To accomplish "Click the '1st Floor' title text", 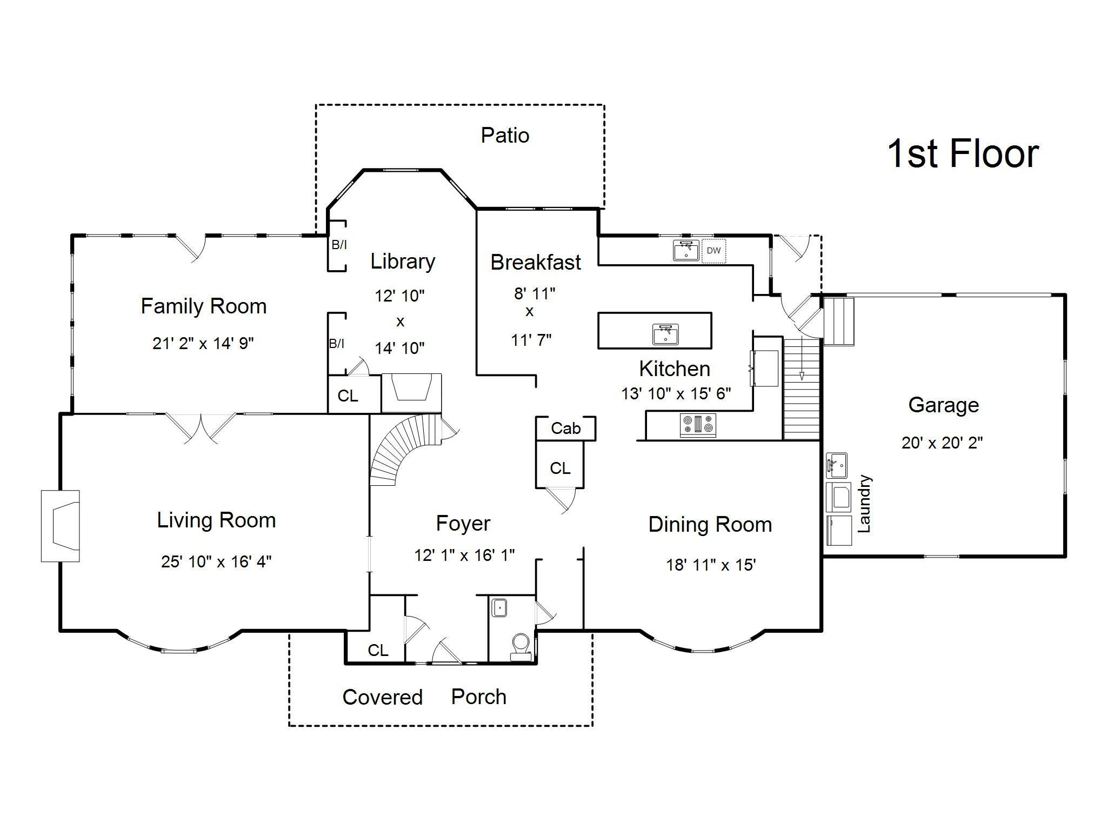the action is pos(963,154).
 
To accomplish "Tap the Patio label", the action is pos(505,135).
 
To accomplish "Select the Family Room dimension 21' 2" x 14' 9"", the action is pos(203,343).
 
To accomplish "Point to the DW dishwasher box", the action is pos(713,251).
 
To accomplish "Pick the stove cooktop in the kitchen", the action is pos(698,425).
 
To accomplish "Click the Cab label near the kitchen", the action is pos(565,429).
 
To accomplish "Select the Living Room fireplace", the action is pos(61,526).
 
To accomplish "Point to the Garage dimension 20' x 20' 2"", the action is pos(942,443).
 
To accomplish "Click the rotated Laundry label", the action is pos(864,504).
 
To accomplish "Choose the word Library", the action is pos(403,262).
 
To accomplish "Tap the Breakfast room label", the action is pos(536,263).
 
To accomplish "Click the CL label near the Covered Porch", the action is pos(378,650).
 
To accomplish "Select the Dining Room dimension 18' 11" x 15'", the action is pos(711,565).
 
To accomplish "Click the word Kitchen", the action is pos(675,369).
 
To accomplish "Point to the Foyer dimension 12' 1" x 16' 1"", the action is pos(464,555).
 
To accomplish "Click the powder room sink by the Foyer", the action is pos(499,607).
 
